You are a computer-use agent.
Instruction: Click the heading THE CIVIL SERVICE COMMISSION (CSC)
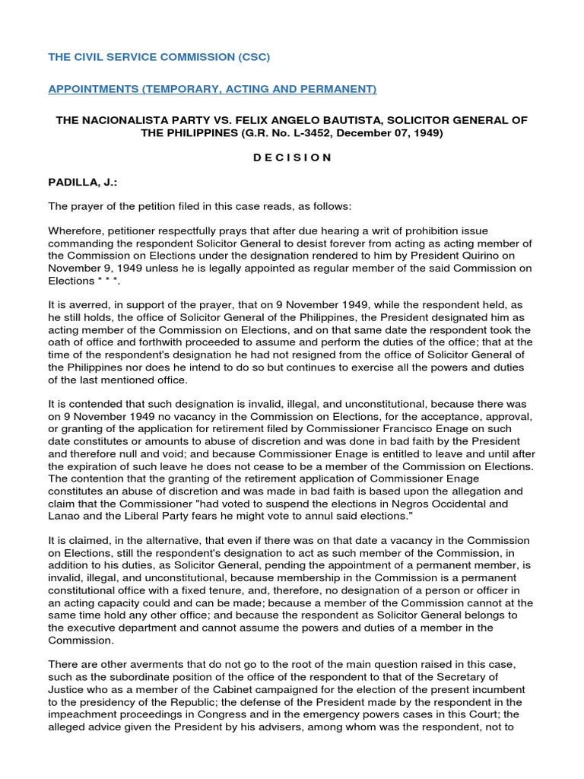[159, 57]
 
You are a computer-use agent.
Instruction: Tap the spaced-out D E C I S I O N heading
[291, 157]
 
